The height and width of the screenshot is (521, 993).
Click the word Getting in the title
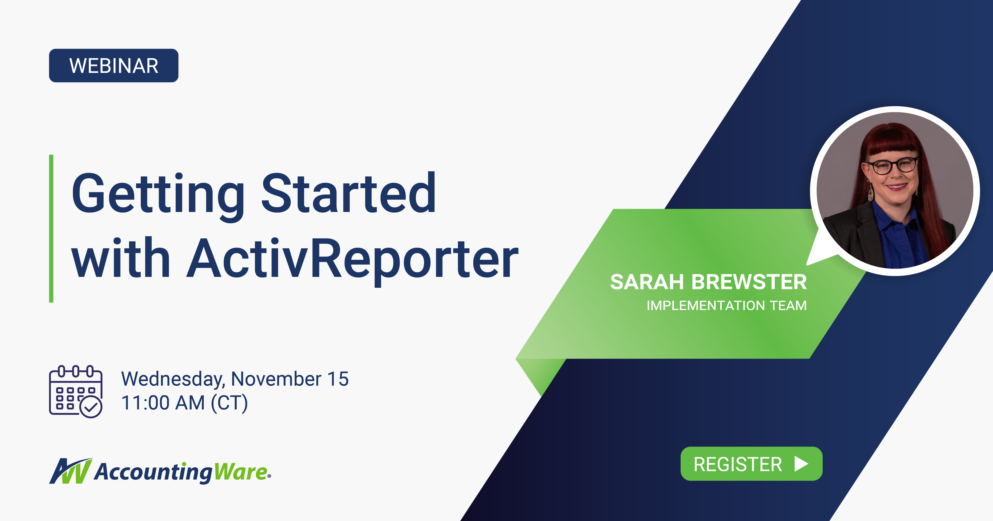158,195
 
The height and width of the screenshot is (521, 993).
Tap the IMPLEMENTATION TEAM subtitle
726,305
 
